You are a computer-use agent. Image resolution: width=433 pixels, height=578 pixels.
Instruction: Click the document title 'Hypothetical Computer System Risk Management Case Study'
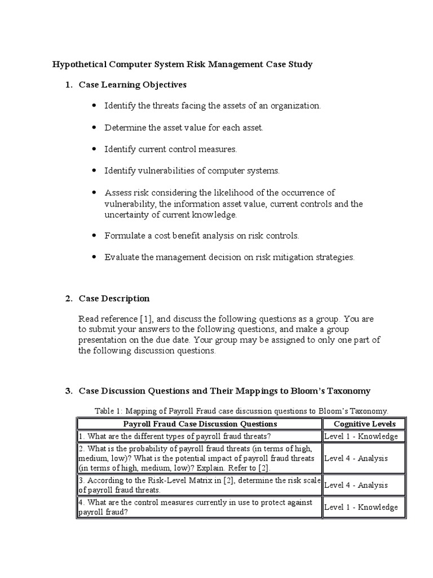coord(182,64)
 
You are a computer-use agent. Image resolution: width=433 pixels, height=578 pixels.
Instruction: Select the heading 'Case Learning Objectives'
coord(132,85)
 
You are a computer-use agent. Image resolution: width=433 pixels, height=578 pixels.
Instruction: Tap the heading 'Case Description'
coord(114,298)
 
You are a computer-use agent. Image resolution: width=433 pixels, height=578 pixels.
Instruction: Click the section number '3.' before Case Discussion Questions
coord(69,391)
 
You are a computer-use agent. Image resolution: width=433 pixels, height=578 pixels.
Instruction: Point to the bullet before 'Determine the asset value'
coord(93,128)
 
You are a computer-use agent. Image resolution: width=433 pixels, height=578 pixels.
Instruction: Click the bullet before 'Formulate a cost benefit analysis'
coord(93,235)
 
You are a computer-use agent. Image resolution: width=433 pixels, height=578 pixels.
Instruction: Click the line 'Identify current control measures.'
coord(171,149)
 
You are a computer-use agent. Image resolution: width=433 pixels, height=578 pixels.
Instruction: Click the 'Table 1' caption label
coord(110,411)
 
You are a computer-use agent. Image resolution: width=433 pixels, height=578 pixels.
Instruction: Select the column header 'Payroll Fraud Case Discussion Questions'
coord(200,424)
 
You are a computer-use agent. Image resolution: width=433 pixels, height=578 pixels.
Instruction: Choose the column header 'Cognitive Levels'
coord(364,424)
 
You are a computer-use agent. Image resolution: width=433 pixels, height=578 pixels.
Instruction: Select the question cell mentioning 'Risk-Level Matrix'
coord(200,485)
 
